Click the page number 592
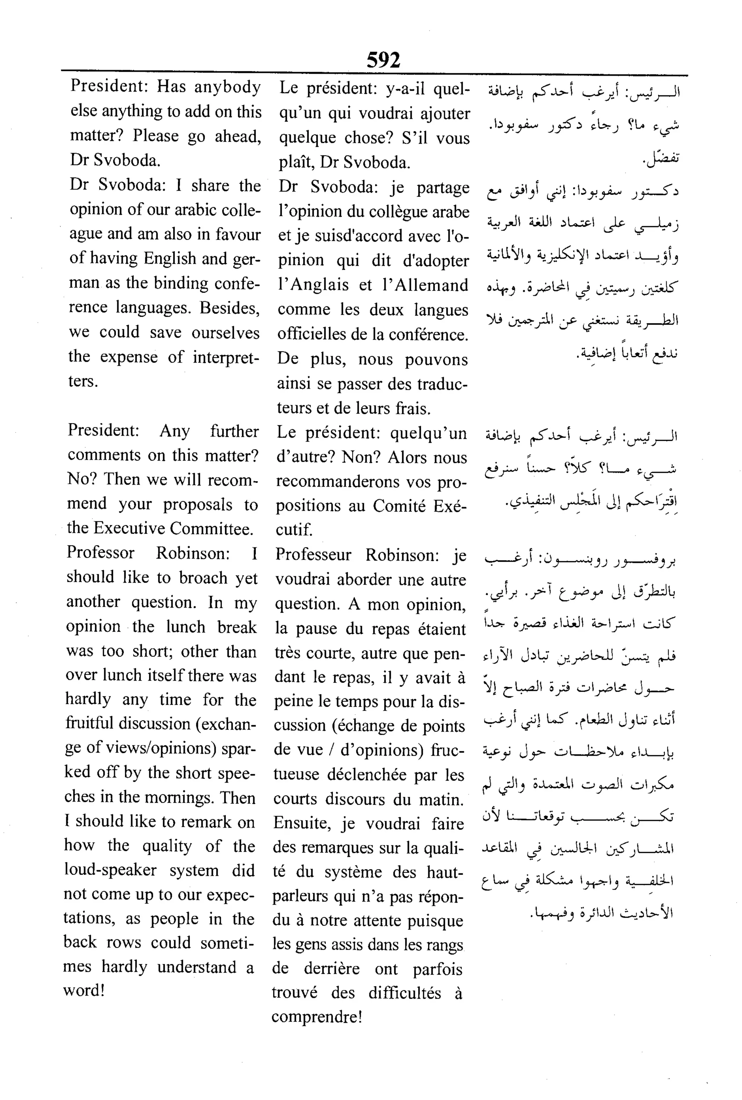point(383,60)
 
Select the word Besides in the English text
point(229,308)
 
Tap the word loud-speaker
point(110,870)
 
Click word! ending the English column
point(84,990)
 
